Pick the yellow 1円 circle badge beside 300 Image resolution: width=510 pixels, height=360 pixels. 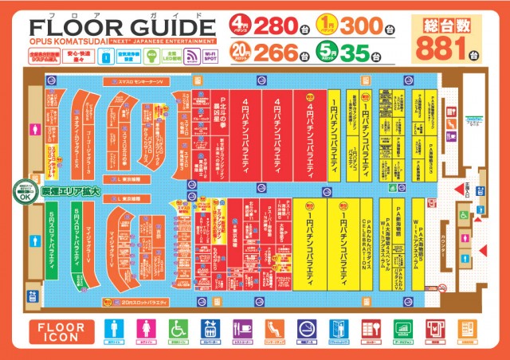[x=327, y=22]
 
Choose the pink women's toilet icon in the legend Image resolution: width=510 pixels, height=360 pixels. [x=145, y=331]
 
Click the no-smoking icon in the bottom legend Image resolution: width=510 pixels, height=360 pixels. [x=306, y=331]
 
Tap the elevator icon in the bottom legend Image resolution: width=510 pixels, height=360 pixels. [x=209, y=331]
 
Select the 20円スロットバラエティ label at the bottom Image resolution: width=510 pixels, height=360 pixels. [x=143, y=303]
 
